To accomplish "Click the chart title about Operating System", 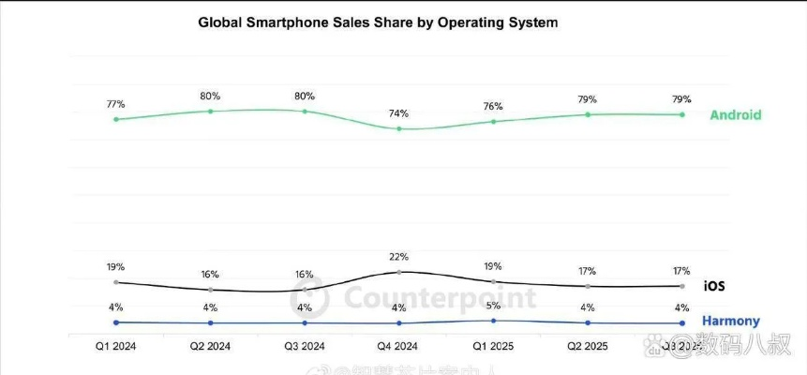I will (378, 22).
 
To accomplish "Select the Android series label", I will (735, 115).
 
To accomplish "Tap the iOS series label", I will (713, 286).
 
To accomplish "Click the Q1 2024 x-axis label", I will (115, 346).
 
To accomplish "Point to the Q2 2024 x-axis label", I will (210, 346).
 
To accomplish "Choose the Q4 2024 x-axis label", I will (399, 346).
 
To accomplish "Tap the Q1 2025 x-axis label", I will (493, 346).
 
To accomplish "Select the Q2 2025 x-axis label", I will (588, 346).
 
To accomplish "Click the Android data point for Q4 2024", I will (399, 128).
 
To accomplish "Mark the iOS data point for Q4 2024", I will (399, 272).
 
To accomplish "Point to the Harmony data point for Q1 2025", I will (493, 321).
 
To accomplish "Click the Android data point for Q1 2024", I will (115, 119).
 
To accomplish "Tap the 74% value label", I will (399, 112).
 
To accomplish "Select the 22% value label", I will (399, 257).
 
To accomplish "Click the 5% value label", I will (493, 306).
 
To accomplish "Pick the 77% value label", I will (115, 104).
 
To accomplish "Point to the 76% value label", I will (493, 106).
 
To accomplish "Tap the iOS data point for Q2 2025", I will (588, 286).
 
